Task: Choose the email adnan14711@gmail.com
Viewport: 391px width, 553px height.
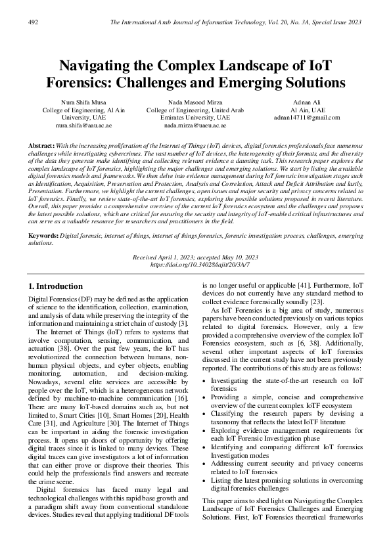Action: coord(307,118)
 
